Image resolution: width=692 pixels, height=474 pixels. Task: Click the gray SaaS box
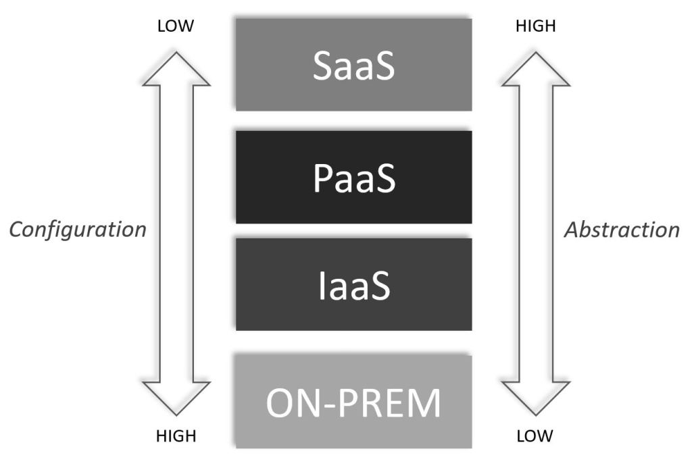coord(353,64)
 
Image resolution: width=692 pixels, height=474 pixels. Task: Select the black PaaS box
coord(353,177)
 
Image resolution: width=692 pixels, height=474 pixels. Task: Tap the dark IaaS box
coord(353,284)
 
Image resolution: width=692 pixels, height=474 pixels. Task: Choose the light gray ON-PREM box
coord(353,402)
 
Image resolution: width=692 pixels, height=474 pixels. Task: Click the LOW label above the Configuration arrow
coord(176,26)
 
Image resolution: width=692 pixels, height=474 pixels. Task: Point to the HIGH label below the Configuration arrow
coord(176,436)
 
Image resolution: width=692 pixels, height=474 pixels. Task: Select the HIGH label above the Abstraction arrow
coord(535,26)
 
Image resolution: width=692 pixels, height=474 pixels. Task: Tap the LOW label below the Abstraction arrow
coord(535,436)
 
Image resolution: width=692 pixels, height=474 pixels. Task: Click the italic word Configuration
coord(78,230)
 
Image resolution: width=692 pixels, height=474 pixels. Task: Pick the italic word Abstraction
coord(622,230)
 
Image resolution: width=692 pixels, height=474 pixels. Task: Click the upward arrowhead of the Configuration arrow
coord(176,72)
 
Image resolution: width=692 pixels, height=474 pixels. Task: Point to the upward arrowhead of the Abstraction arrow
coord(536,72)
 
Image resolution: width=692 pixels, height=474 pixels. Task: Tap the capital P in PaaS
coord(322,178)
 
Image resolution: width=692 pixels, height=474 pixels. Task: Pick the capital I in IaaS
coord(322,286)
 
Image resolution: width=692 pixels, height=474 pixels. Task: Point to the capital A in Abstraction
coord(571,230)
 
